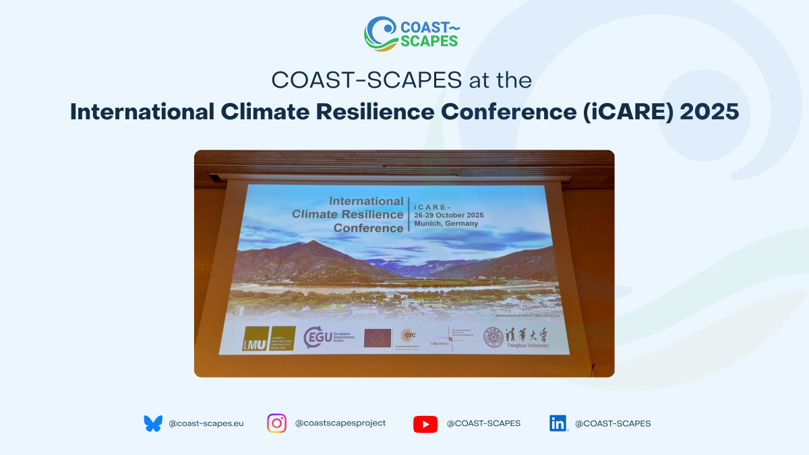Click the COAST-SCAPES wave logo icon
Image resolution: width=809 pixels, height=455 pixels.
tap(381, 34)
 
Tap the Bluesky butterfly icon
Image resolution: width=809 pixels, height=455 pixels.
tap(153, 423)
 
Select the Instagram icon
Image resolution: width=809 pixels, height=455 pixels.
tap(276, 423)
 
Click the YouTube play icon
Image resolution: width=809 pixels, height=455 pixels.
tap(425, 424)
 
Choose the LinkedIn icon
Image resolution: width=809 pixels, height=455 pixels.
tap(558, 423)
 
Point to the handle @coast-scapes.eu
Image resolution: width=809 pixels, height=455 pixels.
tap(206, 423)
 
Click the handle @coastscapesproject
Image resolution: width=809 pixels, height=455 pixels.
tap(340, 423)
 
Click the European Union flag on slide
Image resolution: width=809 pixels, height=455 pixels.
tap(378, 337)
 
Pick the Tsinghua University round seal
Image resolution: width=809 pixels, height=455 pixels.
tap(493, 336)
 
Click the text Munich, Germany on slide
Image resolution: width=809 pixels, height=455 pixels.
tap(446, 224)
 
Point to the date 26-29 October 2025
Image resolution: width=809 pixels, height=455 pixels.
tap(449, 215)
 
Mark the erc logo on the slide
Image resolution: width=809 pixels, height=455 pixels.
tap(409, 335)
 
